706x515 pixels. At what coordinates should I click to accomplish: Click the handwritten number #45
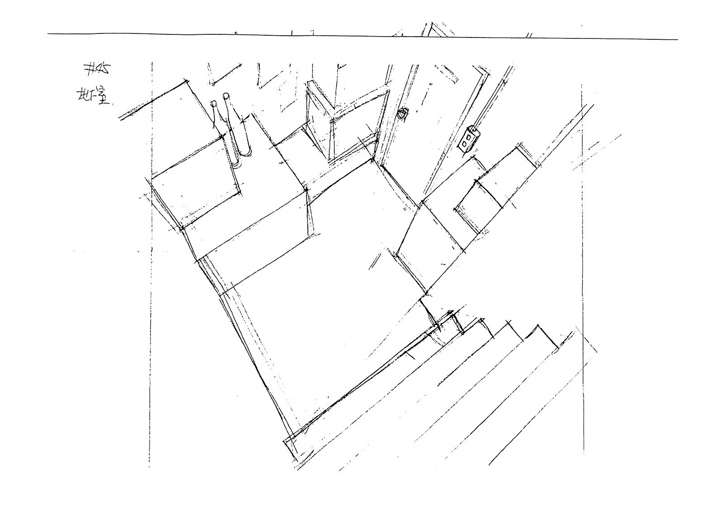coord(96,70)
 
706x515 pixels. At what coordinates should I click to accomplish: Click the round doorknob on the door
coord(401,115)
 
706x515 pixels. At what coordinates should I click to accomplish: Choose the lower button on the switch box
coord(466,144)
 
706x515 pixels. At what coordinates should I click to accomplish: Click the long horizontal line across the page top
coord(362,36)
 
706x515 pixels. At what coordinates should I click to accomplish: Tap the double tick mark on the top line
coord(529,35)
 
